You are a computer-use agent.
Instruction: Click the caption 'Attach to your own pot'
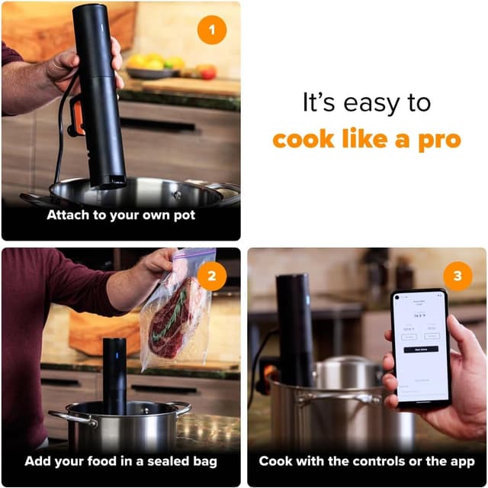(x=120, y=215)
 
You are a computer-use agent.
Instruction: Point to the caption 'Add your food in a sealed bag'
(x=120, y=461)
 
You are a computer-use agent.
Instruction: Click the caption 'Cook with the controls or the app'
(x=367, y=461)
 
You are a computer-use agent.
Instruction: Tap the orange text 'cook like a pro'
(x=367, y=140)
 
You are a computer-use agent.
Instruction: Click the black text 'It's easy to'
(x=366, y=103)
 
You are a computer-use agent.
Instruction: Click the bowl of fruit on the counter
(x=156, y=68)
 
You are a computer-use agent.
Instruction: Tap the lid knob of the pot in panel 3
(x=347, y=358)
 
